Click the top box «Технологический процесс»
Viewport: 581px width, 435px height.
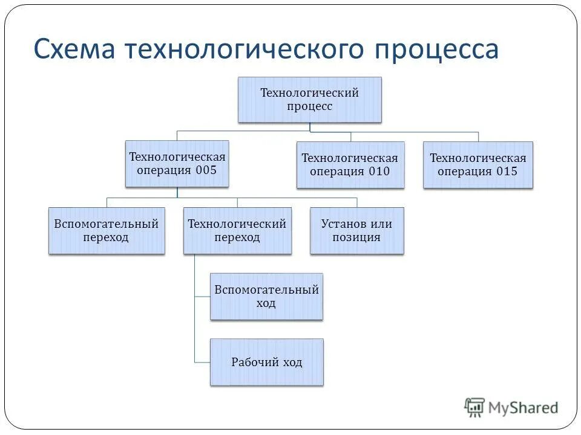(x=309, y=100)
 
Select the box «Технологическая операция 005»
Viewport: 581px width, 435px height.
(x=177, y=164)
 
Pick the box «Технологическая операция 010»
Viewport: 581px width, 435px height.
(x=350, y=165)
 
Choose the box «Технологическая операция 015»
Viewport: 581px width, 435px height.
(x=478, y=165)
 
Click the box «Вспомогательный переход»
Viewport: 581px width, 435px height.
(x=107, y=231)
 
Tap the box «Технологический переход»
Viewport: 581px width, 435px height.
(x=237, y=231)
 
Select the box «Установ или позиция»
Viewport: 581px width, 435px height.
(x=356, y=231)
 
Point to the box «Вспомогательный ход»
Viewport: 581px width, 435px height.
(x=266, y=297)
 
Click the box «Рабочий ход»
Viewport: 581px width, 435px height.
(x=266, y=362)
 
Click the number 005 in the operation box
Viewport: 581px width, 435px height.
(x=206, y=170)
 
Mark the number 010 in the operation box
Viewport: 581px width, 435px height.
(x=379, y=171)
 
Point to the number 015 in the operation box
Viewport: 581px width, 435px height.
(x=507, y=171)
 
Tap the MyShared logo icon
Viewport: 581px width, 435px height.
(x=474, y=408)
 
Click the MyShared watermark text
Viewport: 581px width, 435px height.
(x=523, y=408)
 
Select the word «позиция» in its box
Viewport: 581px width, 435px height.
(x=356, y=237)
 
